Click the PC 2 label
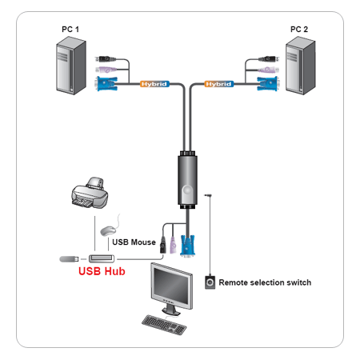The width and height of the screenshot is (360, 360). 299,30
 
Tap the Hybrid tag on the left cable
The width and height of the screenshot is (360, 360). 154,83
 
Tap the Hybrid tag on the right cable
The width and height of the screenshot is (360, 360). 218,83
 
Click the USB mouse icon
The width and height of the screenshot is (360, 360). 108,230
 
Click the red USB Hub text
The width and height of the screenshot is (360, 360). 102,271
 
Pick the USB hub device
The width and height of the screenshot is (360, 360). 102,258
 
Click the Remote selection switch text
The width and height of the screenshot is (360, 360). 265,282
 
